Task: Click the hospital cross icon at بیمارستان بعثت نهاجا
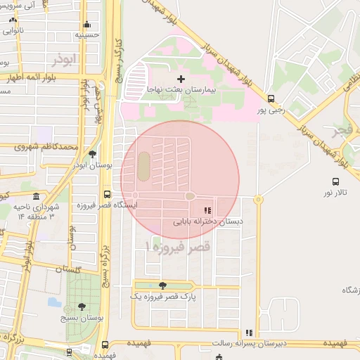pyautogui.click(x=181, y=79)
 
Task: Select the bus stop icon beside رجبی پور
pyautogui.click(x=271, y=99)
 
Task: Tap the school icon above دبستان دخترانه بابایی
pyautogui.click(x=207, y=210)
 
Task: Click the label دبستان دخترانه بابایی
pyautogui.click(x=208, y=221)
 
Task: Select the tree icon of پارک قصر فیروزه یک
pyautogui.click(x=163, y=285)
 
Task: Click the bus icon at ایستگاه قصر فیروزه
pyautogui.click(x=107, y=193)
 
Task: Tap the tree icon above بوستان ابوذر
pyautogui.click(x=92, y=154)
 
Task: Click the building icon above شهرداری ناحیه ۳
pyautogui.click(x=36, y=195)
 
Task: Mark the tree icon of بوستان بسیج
pyautogui.click(x=82, y=307)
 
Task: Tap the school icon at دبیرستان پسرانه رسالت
pyautogui.click(x=248, y=333)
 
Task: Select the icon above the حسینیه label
pyautogui.click(x=87, y=24)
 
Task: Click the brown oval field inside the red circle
pyautogui.click(x=143, y=167)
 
